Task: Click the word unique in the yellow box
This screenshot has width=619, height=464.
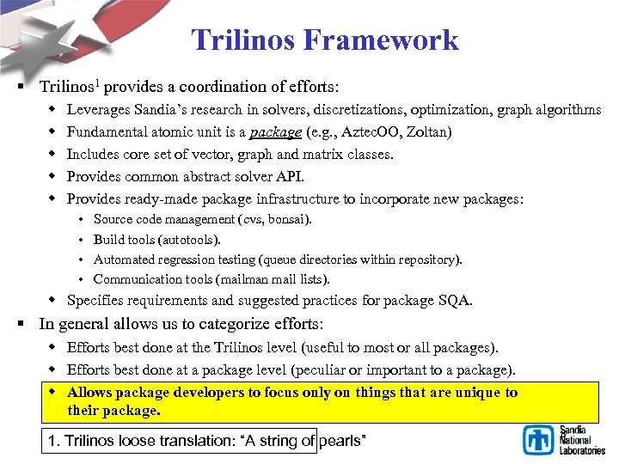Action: click(x=469, y=393)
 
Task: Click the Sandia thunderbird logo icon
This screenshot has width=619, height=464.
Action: click(x=539, y=439)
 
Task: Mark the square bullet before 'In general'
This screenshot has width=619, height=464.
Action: click(x=28, y=325)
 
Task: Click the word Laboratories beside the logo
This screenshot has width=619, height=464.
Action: click(x=582, y=450)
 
